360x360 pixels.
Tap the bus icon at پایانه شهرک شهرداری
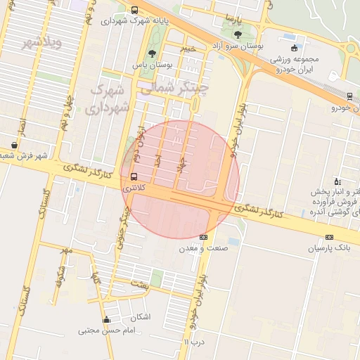point(134,10)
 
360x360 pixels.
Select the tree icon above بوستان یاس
point(151,55)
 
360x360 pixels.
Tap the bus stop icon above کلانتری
point(134,177)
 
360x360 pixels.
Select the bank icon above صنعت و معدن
point(204,237)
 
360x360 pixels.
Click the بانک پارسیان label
point(333,248)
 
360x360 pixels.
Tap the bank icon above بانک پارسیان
point(329,237)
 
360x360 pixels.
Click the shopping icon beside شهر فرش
point(15,145)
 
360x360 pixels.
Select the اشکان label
point(141,317)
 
